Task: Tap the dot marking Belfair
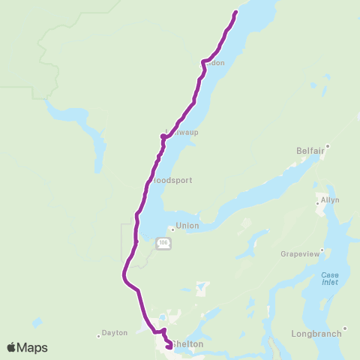(x=328, y=146)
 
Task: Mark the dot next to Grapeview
(x=322, y=249)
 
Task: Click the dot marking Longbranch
(x=345, y=328)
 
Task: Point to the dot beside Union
(x=172, y=229)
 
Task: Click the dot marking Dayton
(x=98, y=336)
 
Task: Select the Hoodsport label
(x=172, y=181)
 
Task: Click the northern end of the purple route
(x=236, y=12)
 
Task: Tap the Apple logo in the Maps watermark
(x=12, y=347)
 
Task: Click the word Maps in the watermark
(x=34, y=347)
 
